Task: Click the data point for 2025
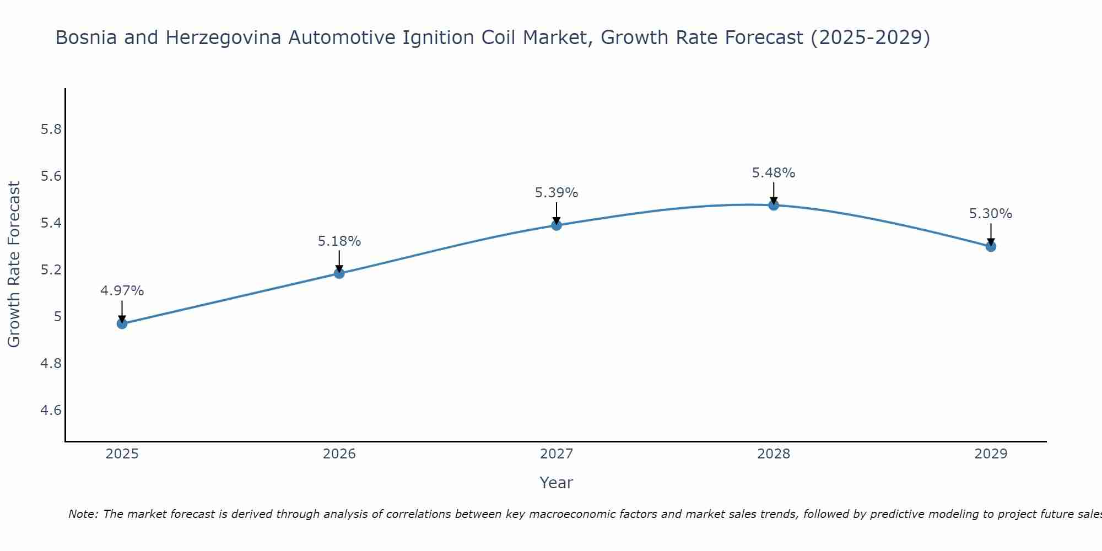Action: pyautogui.click(x=122, y=323)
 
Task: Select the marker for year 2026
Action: pyautogui.click(x=339, y=273)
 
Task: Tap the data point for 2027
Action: pyautogui.click(x=557, y=225)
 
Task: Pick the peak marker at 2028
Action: pyautogui.click(x=774, y=205)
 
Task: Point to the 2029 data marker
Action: pyautogui.click(x=991, y=246)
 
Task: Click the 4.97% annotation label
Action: pyautogui.click(x=122, y=291)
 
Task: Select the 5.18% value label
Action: pyautogui.click(x=339, y=241)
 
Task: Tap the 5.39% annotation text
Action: pyautogui.click(x=557, y=193)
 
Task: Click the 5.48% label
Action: pyautogui.click(x=774, y=173)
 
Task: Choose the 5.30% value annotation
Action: pyautogui.click(x=991, y=214)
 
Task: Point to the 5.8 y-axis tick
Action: pyautogui.click(x=51, y=129)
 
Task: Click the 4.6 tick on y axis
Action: pyautogui.click(x=51, y=410)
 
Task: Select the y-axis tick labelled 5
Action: pyautogui.click(x=57, y=317)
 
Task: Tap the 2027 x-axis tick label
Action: pyautogui.click(x=557, y=454)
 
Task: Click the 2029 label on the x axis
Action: pyautogui.click(x=991, y=454)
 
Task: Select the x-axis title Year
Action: pyautogui.click(x=557, y=483)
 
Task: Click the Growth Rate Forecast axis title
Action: pyautogui.click(x=14, y=264)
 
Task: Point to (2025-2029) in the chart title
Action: pyautogui.click(x=871, y=38)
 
